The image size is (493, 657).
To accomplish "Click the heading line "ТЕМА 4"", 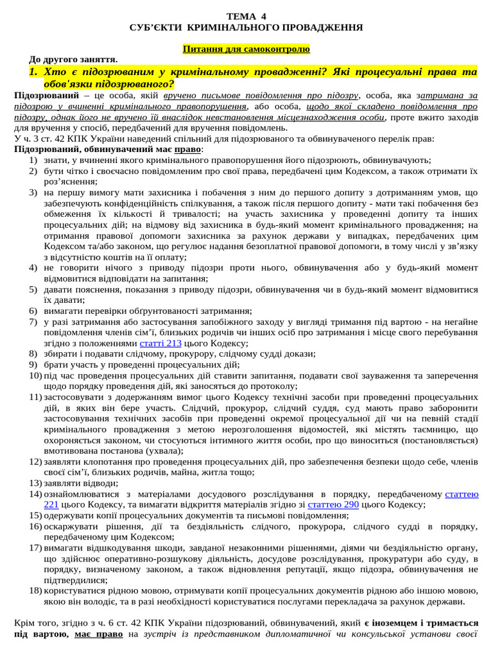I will pyautogui.click(x=246, y=17).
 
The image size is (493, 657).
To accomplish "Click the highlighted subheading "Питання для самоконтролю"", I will pyautogui.click(x=246, y=49).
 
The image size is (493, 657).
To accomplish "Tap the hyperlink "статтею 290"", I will pyautogui.click(x=333, y=504).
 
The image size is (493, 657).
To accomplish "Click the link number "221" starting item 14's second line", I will pyautogui.click(x=52, y=504).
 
